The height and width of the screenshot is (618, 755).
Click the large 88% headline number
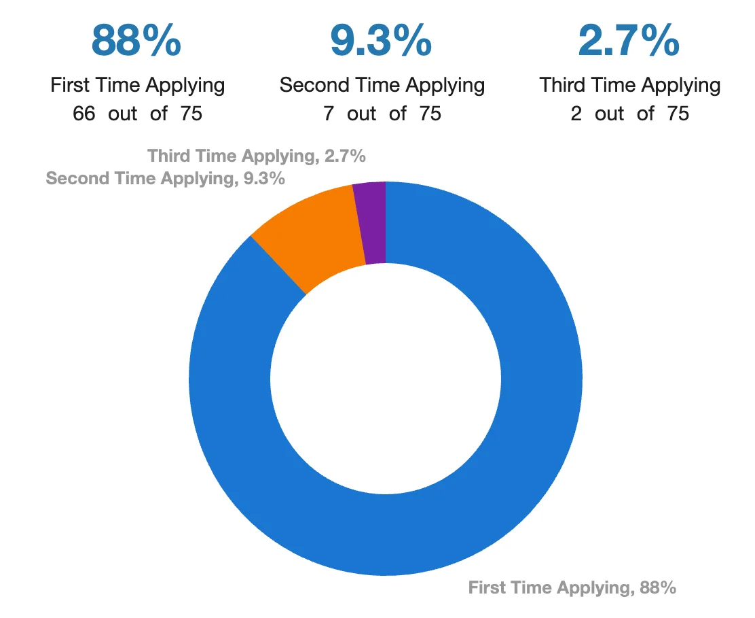[x=136, y=41]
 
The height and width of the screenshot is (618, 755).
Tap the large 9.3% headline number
[x=380, y=41]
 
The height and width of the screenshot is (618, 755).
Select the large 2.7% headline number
[x=628, y=41]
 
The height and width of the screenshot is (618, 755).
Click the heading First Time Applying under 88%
[x=138, y=86]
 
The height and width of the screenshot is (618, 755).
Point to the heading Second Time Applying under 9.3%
[x=382, y=86]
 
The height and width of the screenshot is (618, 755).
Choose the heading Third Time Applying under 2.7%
[x=629, y=86]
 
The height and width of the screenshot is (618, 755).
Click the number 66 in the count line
[x=84, y=114]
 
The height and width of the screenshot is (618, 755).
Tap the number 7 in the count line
[x=329, y=114]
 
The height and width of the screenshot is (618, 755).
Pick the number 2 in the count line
[x=576, y=114]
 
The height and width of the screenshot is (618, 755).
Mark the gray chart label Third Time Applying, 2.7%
[x=257, y=156]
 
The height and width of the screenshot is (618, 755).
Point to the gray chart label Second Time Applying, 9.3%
[x=165, y=179]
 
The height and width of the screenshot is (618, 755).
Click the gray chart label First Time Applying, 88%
[x=572, y=587]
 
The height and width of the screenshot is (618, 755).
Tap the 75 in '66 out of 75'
[x=191, y=114]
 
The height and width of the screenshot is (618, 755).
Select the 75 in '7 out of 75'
[x=430, y=114]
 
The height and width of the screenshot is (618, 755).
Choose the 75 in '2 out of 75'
[x=678, y=114]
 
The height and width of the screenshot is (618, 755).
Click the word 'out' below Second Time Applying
[x=361, y=114]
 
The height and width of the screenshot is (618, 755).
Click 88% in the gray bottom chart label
[x=658, y=587]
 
